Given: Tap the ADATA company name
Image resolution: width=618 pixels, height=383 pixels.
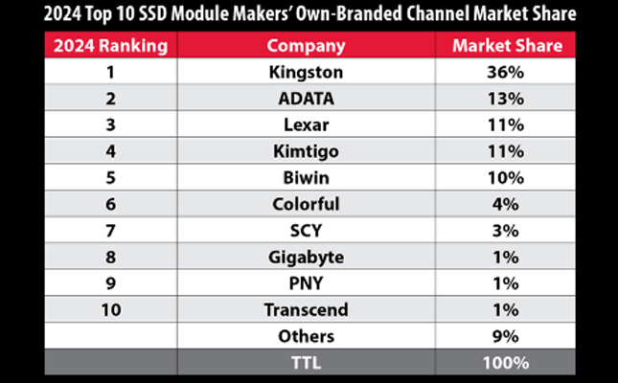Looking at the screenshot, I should (x=306, y=97).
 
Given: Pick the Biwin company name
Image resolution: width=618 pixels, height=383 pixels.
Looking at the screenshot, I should (x=306, y=176).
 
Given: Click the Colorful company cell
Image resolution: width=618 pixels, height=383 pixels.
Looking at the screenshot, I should (x=306, y=203).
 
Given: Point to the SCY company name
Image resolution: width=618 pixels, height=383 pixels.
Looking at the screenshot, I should (x=306, y=230).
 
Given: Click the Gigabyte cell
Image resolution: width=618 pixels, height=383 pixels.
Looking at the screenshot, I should (x=306, y=257).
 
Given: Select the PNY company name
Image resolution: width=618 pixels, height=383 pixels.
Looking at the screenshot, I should (x=306, y=283).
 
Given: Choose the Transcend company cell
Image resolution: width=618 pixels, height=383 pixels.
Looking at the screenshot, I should (x=306, y=309).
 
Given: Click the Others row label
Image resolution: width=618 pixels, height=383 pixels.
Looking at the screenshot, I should (x=306, y=336).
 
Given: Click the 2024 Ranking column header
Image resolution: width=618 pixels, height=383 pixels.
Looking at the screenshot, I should (x=110, y=45).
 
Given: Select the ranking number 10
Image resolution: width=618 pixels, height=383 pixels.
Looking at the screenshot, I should (x=110, y=309).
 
